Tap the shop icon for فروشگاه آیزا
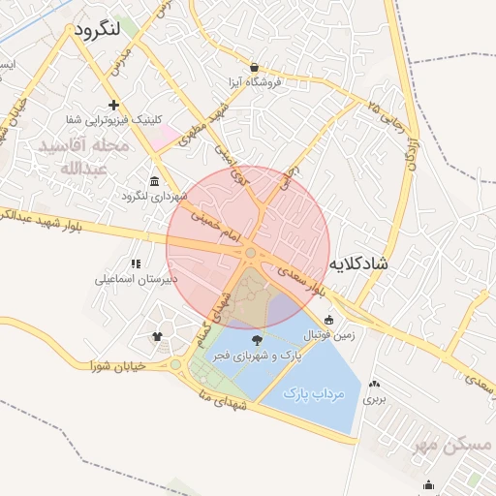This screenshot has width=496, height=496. (x=254, y=68)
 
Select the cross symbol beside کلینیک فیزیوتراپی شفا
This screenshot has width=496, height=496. (x=114, y=105)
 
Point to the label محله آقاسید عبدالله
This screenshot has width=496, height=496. (x=81, y=156)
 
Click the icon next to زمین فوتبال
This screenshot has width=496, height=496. (x=329, y=321)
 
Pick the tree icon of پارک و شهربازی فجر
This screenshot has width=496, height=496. (x=256, y=340)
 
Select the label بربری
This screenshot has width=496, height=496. (x=375, y=398)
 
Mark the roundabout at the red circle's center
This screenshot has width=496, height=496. (x=250, y=253)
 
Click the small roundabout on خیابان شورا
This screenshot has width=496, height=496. (x=175, y=365)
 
